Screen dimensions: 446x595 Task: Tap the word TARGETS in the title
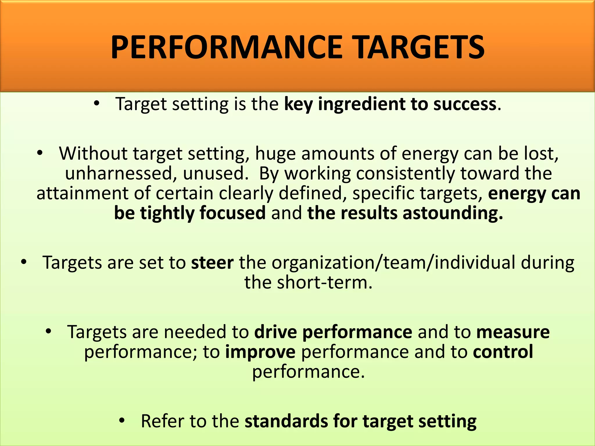[x=420, y=47]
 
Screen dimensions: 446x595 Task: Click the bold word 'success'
[x=465, y=104]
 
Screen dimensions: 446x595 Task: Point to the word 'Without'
[x=93, y=153]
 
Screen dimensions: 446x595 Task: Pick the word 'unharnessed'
[x=121, y=173]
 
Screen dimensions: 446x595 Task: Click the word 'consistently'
[x=406, y=173]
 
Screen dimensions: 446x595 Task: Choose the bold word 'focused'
[x=232, y=213]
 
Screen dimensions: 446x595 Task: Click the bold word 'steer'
[x=212, y=262]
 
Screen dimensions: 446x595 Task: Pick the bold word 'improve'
[x=260, y=352]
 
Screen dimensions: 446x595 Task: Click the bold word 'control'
[x=503, y=352]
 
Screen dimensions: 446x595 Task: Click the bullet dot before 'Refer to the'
[x=122, y=420]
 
